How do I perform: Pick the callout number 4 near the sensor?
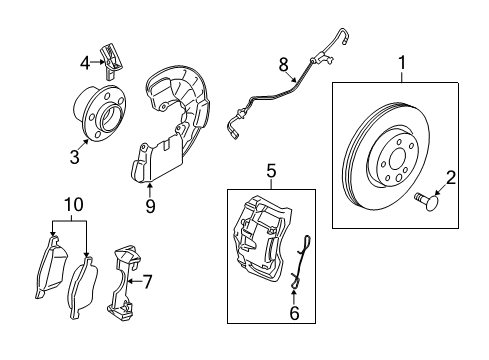pos(85,64)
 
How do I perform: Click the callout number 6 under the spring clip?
pos(294,313)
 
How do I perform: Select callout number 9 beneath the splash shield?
pos(150,207)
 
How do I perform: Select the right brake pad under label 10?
pos(83,289)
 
